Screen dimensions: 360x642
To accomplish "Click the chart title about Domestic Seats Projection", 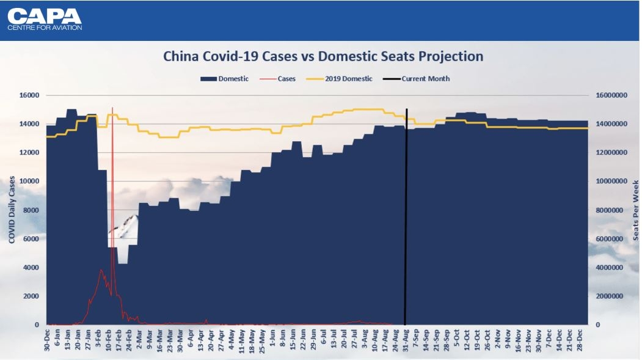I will [x=323, y=56].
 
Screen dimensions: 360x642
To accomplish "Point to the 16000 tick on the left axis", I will [x=29, y=95].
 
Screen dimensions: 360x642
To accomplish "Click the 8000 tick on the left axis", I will [x=31, y=210].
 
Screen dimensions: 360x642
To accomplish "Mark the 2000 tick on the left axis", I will [x=31, y=296].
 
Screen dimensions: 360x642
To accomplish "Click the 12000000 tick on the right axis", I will [x=611, y=153].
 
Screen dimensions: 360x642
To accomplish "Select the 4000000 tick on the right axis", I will [x=611, y=268].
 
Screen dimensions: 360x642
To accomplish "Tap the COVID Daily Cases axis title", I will [x=12, y=210].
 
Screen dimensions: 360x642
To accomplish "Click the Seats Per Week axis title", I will [x=635, y=210].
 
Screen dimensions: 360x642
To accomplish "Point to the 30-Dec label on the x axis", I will [x=47, y=338].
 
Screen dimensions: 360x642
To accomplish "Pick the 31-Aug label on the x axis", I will [x=406, y=338].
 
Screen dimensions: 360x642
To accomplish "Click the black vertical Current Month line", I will [x=406, y=214].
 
